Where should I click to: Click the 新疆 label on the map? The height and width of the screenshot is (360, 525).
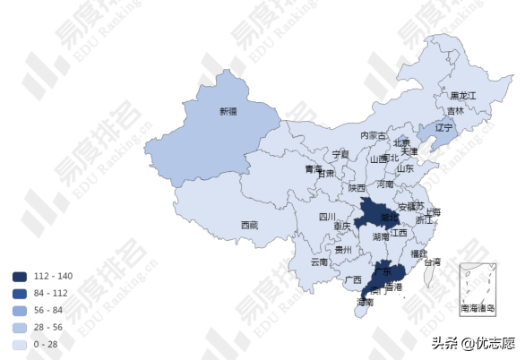[228, 112]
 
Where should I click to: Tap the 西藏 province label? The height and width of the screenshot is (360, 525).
[249, 225]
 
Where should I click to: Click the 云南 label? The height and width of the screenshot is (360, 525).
[319, 262]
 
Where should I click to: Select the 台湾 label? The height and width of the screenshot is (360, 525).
[433, 262]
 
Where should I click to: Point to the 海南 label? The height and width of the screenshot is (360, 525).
[364, 303]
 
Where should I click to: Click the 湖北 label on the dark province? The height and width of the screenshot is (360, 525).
[390, 218]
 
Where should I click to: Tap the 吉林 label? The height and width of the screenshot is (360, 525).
[457, 111]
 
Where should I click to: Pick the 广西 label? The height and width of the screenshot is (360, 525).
[353, 279]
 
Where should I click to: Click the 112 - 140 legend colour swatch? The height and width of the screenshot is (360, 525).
[20, 276]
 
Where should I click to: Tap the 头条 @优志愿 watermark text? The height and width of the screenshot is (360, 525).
[473, 343]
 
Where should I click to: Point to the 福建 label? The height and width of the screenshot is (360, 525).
[418, 254]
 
